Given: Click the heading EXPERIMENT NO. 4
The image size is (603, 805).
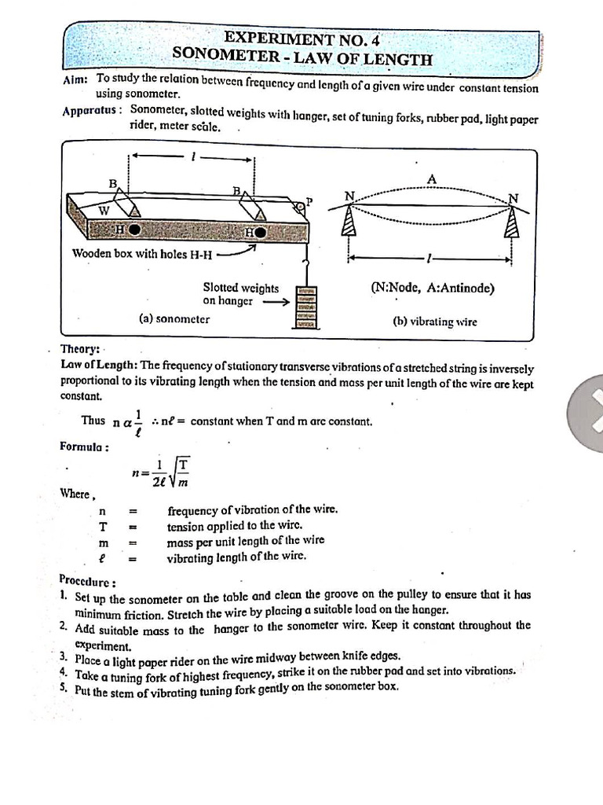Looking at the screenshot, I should coord(301,38).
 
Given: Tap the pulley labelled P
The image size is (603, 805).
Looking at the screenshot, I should coord(299,206).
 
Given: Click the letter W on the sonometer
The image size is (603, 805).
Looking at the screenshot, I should coord(103,210).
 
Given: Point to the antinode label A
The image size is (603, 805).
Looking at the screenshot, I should coord(431,179).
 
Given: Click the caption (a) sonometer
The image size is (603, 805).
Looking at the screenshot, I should coord(174,319).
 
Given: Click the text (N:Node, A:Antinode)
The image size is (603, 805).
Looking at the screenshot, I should coord(433,288).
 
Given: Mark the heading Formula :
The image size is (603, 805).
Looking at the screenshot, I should coord(84,447).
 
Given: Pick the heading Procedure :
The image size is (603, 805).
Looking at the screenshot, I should coord(87,582).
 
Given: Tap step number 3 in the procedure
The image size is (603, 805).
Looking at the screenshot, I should coord(63,656).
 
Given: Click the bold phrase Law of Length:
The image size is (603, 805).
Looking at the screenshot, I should coord(99,365).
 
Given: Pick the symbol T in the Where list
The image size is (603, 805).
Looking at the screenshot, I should coord(103,526).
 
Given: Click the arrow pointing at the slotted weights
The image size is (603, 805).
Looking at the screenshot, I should coord(274,300).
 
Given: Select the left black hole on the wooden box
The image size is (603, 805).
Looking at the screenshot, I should coord(135,230).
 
